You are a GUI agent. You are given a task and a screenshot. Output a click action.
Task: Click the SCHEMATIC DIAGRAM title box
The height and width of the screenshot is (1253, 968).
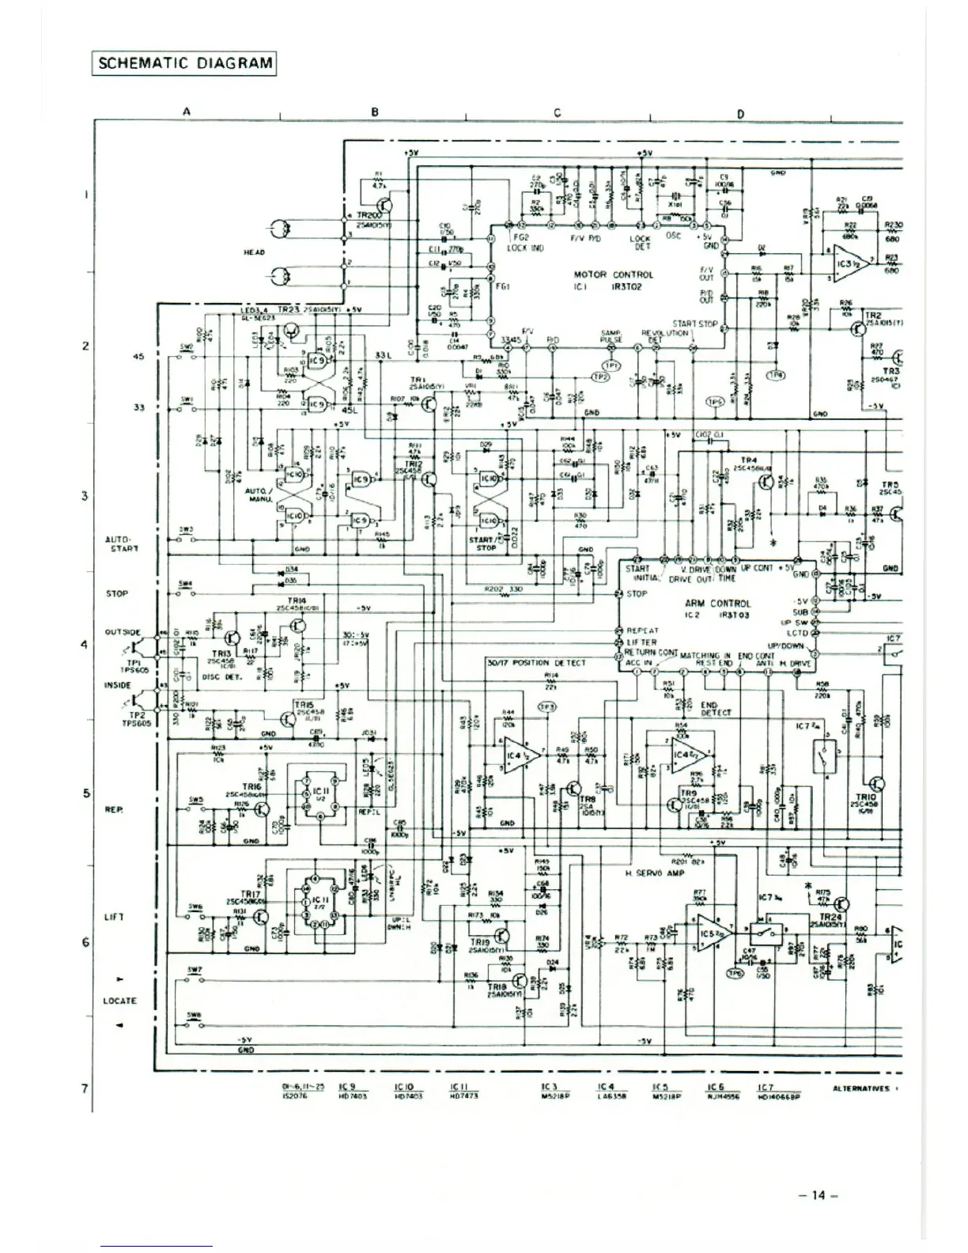184,63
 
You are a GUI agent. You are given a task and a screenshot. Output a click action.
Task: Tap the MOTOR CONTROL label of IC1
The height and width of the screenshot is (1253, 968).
614,274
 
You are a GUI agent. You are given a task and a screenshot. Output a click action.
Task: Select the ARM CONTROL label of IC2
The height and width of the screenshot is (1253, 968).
718,603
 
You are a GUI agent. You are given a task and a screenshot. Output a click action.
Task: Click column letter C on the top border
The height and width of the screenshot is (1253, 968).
557,112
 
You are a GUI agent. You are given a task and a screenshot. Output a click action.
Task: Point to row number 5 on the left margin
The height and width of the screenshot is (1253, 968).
86,793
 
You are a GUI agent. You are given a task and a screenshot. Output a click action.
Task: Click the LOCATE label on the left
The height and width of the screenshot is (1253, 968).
119,1001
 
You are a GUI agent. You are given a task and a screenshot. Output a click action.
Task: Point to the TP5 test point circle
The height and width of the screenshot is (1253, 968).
715,402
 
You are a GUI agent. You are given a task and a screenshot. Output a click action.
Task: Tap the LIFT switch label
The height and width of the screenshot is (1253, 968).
113,918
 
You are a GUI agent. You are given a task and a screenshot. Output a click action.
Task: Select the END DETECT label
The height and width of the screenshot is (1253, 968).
709,708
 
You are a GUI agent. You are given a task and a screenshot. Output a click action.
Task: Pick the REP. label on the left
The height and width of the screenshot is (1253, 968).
112,810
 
